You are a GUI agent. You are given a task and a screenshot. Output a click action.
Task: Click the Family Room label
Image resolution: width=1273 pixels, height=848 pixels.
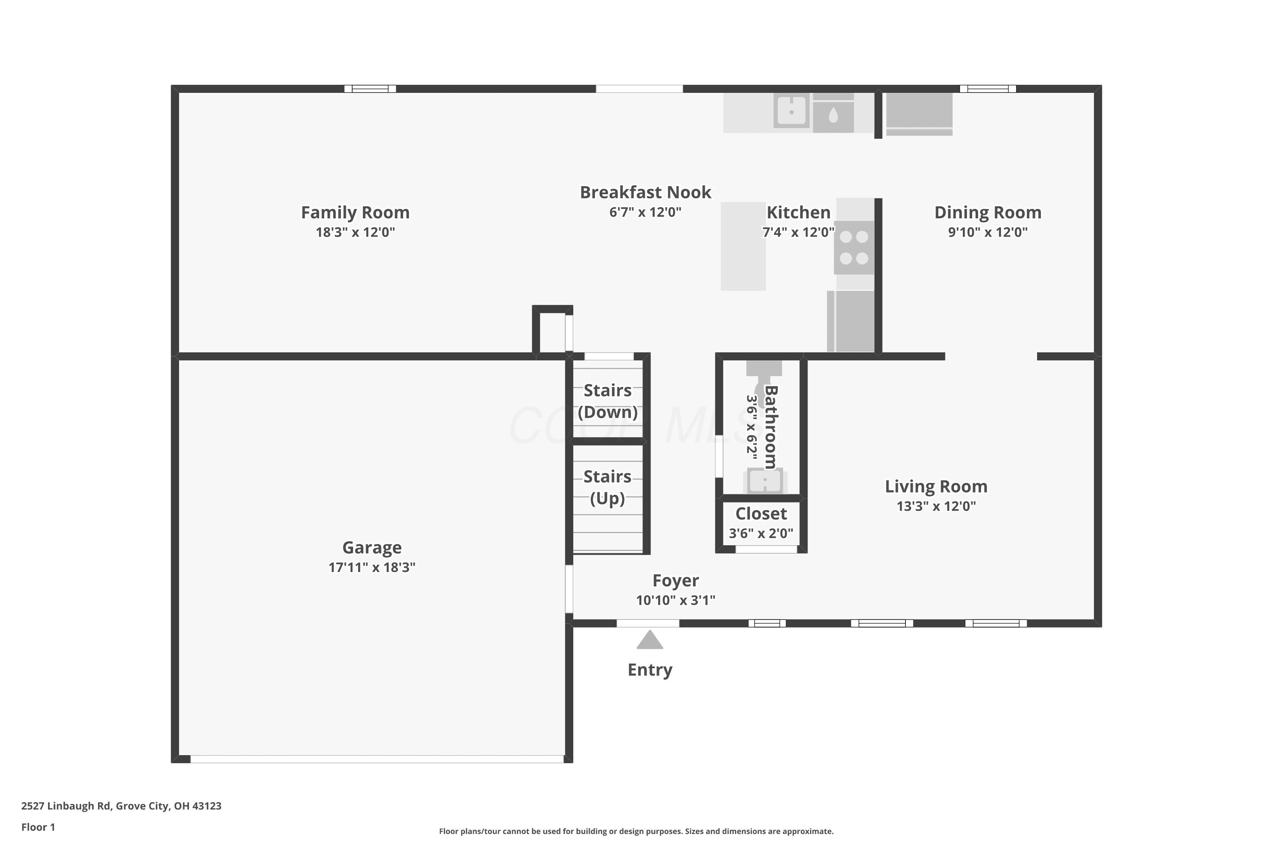click(x=355, y=212)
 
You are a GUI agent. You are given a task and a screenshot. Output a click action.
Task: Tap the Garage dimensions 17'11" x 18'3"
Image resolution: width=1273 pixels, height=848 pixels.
click(x=372, y=567)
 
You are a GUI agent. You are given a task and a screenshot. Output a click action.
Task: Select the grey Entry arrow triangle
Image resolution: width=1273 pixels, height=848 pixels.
click(x=650, y=640)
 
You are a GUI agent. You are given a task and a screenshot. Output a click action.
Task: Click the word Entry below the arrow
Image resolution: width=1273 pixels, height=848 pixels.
click(x=650, y=670)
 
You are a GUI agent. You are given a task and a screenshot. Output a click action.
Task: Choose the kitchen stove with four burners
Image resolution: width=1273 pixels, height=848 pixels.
click(x=854, y=247)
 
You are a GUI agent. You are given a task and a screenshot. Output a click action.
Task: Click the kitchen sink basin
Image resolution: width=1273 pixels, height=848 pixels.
click(x=791, y=111)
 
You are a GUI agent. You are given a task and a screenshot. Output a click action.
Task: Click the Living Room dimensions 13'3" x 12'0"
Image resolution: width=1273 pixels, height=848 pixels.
click(x=937, y=506)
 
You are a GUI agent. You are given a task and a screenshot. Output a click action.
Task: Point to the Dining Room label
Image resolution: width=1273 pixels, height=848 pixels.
click(x=988, y=212)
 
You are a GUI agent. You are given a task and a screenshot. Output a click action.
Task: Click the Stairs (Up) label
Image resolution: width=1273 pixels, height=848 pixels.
click(x=607, y=487)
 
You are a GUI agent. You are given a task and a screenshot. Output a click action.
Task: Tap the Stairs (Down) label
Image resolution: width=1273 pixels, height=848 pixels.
click(x=608, y=401)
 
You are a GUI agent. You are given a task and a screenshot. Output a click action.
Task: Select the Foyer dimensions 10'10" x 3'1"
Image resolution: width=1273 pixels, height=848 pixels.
click(x=676, y=600)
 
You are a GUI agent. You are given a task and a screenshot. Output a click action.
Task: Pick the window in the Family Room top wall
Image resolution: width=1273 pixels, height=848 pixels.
click(x=370, y=89)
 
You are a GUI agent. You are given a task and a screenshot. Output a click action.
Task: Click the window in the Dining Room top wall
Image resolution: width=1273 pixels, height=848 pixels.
click(x=988, y=89)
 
